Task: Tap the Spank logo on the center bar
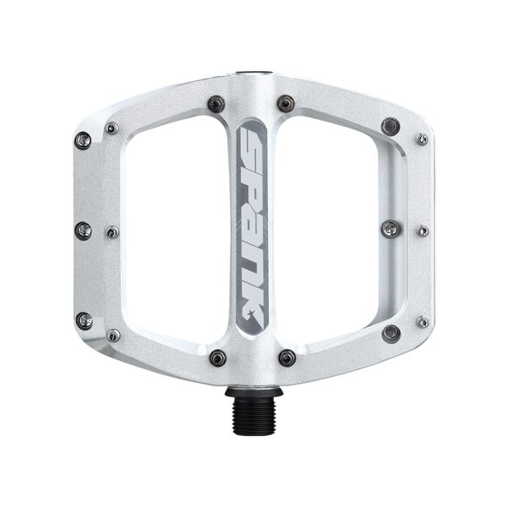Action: point(253,228)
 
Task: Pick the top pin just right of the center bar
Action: point(286,103)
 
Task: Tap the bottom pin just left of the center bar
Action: point(217,357)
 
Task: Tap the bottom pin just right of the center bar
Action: point(286,357)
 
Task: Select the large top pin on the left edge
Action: point(83,139)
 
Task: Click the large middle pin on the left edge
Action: point(83,230)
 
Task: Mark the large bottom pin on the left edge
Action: point(83,320)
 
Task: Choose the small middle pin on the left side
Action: point(112,232)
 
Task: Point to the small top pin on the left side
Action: point(112,128)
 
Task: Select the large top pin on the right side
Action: point(390,126)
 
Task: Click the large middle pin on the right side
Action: point(390,228)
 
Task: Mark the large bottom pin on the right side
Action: point(390,333)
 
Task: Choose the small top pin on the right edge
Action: point(422,139)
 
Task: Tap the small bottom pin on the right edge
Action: point(422,322)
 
